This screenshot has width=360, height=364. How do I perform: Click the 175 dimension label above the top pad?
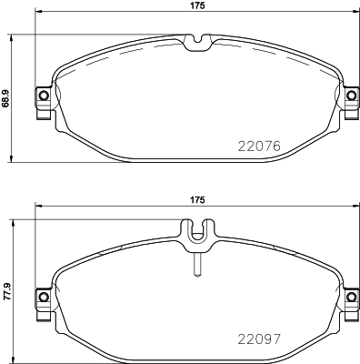(x=195, y=6)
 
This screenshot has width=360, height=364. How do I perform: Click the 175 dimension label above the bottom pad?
(x=195, y=200)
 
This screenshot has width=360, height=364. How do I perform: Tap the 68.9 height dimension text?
(x=6, y=96)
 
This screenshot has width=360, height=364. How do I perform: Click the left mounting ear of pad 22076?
(x=41, y=96)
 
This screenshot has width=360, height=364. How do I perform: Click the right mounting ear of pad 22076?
(x=350, y=96)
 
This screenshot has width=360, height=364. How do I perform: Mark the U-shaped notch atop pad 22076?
(x=195, y=42)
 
